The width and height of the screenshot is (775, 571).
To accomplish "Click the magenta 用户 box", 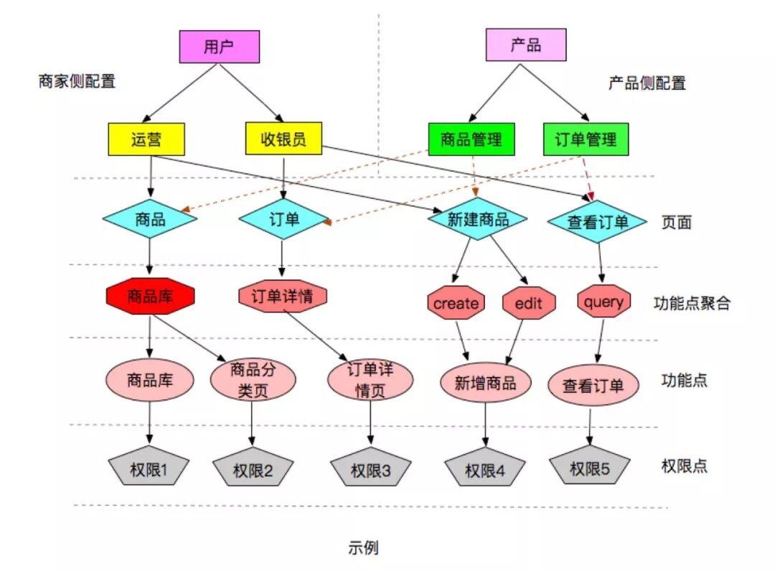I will pos(219,47).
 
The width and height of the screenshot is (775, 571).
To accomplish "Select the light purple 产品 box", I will pos(526,45).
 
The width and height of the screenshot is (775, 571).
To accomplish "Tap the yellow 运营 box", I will pos(146,139).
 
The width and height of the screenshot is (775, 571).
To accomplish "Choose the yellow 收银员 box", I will pos(283,139).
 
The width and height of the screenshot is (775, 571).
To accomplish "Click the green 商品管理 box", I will pos(471,139).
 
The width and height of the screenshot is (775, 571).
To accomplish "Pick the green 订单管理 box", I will pos(586,139).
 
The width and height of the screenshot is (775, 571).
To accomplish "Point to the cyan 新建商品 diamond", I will pos(478,219).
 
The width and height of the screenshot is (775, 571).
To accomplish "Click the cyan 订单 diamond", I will pos(283,219).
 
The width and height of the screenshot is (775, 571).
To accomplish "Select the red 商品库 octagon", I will pos(150,295).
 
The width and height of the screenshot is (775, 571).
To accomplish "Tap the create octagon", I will pos(456,303).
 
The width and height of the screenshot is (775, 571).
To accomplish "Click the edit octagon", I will pos(529,303).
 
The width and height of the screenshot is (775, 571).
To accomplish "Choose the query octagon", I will pos(603,302).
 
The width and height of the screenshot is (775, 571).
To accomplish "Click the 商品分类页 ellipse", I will pos(253,380).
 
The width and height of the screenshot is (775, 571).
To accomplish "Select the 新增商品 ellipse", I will pos(485,383).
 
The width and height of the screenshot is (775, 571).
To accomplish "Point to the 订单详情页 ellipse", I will pos(370,380).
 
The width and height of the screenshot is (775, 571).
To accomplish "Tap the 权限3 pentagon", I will pos(371,470).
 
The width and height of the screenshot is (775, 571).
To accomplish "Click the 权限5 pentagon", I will pos(590,468).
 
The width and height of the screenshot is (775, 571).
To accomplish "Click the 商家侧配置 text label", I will pos(77,81).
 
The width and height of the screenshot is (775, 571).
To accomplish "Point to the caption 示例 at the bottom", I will pos(363,548).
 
